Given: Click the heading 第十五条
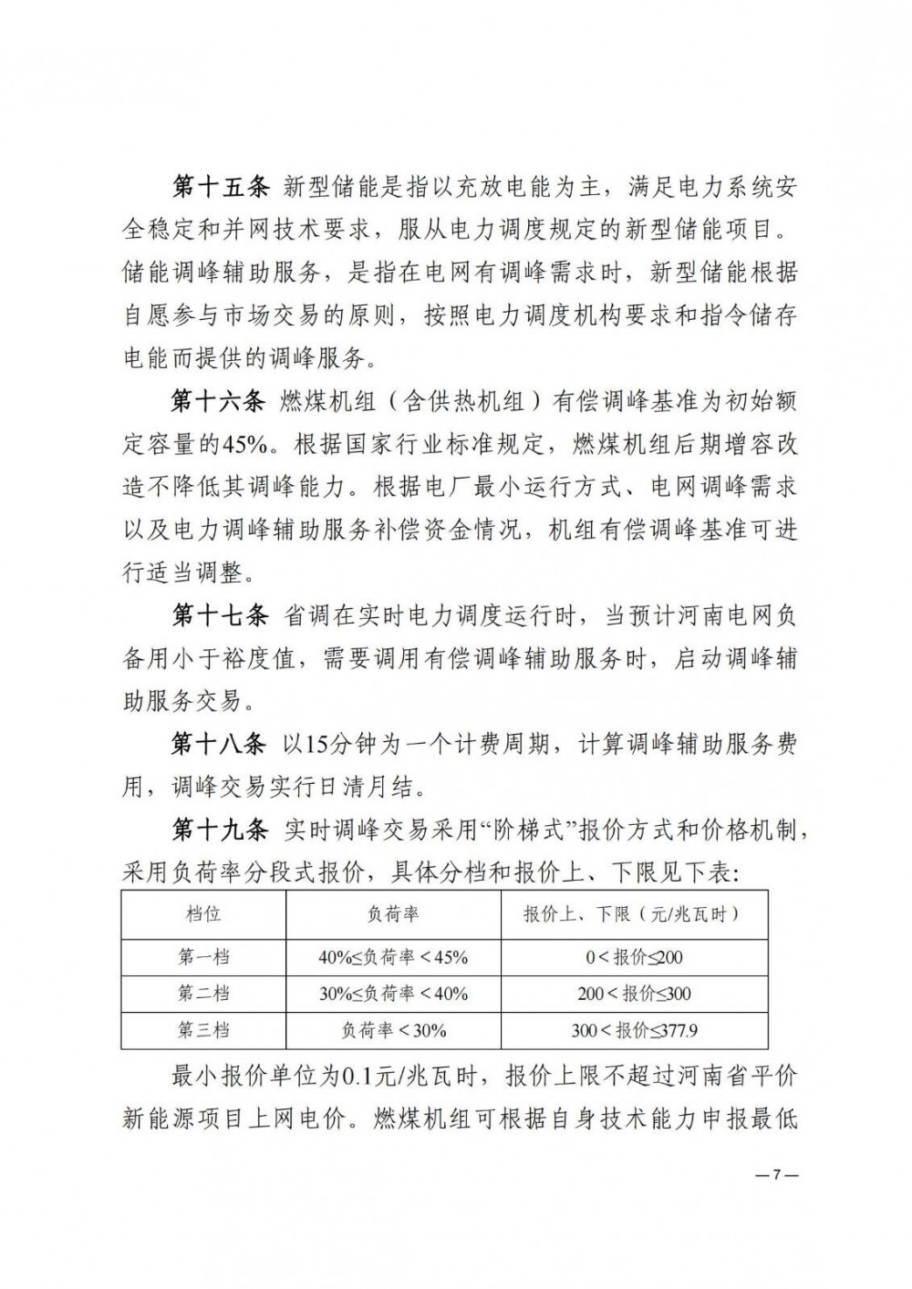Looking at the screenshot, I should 220,187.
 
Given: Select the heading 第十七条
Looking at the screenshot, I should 220,617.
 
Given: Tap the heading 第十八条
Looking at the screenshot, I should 220,745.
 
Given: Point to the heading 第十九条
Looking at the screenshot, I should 220,830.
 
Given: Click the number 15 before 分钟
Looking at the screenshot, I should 316,746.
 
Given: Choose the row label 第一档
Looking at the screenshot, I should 203,957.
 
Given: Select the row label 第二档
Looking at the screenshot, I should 203,995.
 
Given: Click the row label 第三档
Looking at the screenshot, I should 203,1031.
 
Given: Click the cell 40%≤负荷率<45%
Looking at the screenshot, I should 393,957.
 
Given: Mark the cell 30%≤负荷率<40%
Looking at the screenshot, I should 393,995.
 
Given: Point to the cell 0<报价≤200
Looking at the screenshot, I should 634,957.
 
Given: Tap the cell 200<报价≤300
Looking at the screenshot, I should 634,995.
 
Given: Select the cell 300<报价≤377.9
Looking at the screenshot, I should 634,1031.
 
